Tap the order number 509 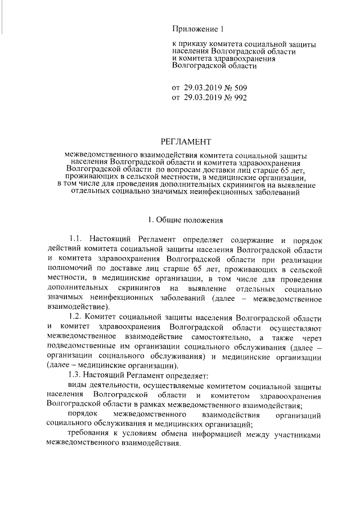click(x=238, y=88)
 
